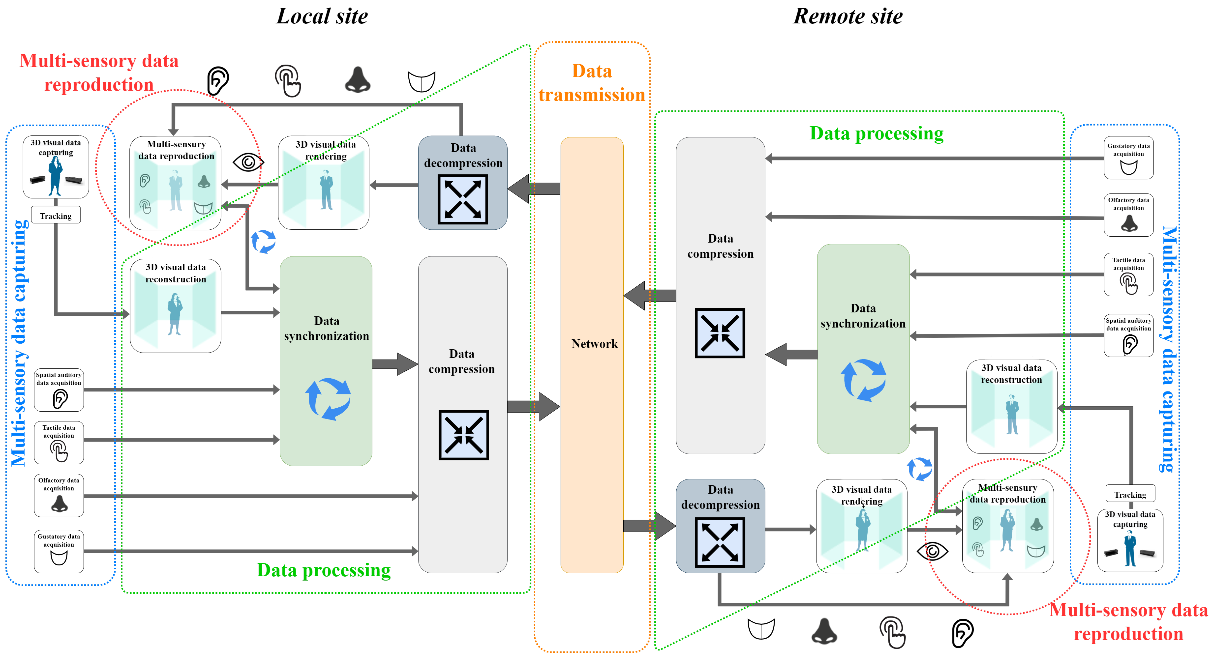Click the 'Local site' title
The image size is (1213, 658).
[322, 16]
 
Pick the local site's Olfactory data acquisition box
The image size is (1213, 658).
[59, 495]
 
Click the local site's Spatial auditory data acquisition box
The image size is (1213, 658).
[59, 390]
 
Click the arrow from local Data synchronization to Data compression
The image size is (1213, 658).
[395, 364]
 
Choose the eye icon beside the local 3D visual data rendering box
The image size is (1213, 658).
[248, 163]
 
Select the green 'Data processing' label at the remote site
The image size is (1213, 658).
[876, 133]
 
